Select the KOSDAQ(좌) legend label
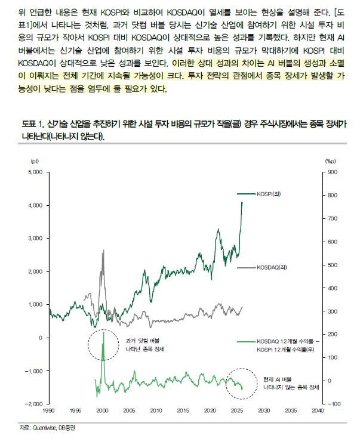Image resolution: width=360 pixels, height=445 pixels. click(x=271, y=268)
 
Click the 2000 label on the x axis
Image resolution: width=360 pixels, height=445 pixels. click(x=102, y=410)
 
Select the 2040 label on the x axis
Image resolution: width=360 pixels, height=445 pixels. click(x=318, y=410)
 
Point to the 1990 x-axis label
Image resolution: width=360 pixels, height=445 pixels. click(x=48, y=410)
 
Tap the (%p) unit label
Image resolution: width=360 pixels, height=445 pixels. click(x=331, y=160)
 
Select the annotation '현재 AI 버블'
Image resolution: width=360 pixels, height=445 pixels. click(x=281, y=379)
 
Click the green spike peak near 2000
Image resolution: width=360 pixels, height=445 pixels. click(x=103, y=333)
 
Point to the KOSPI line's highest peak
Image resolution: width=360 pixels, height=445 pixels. click(x=242, y=202)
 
